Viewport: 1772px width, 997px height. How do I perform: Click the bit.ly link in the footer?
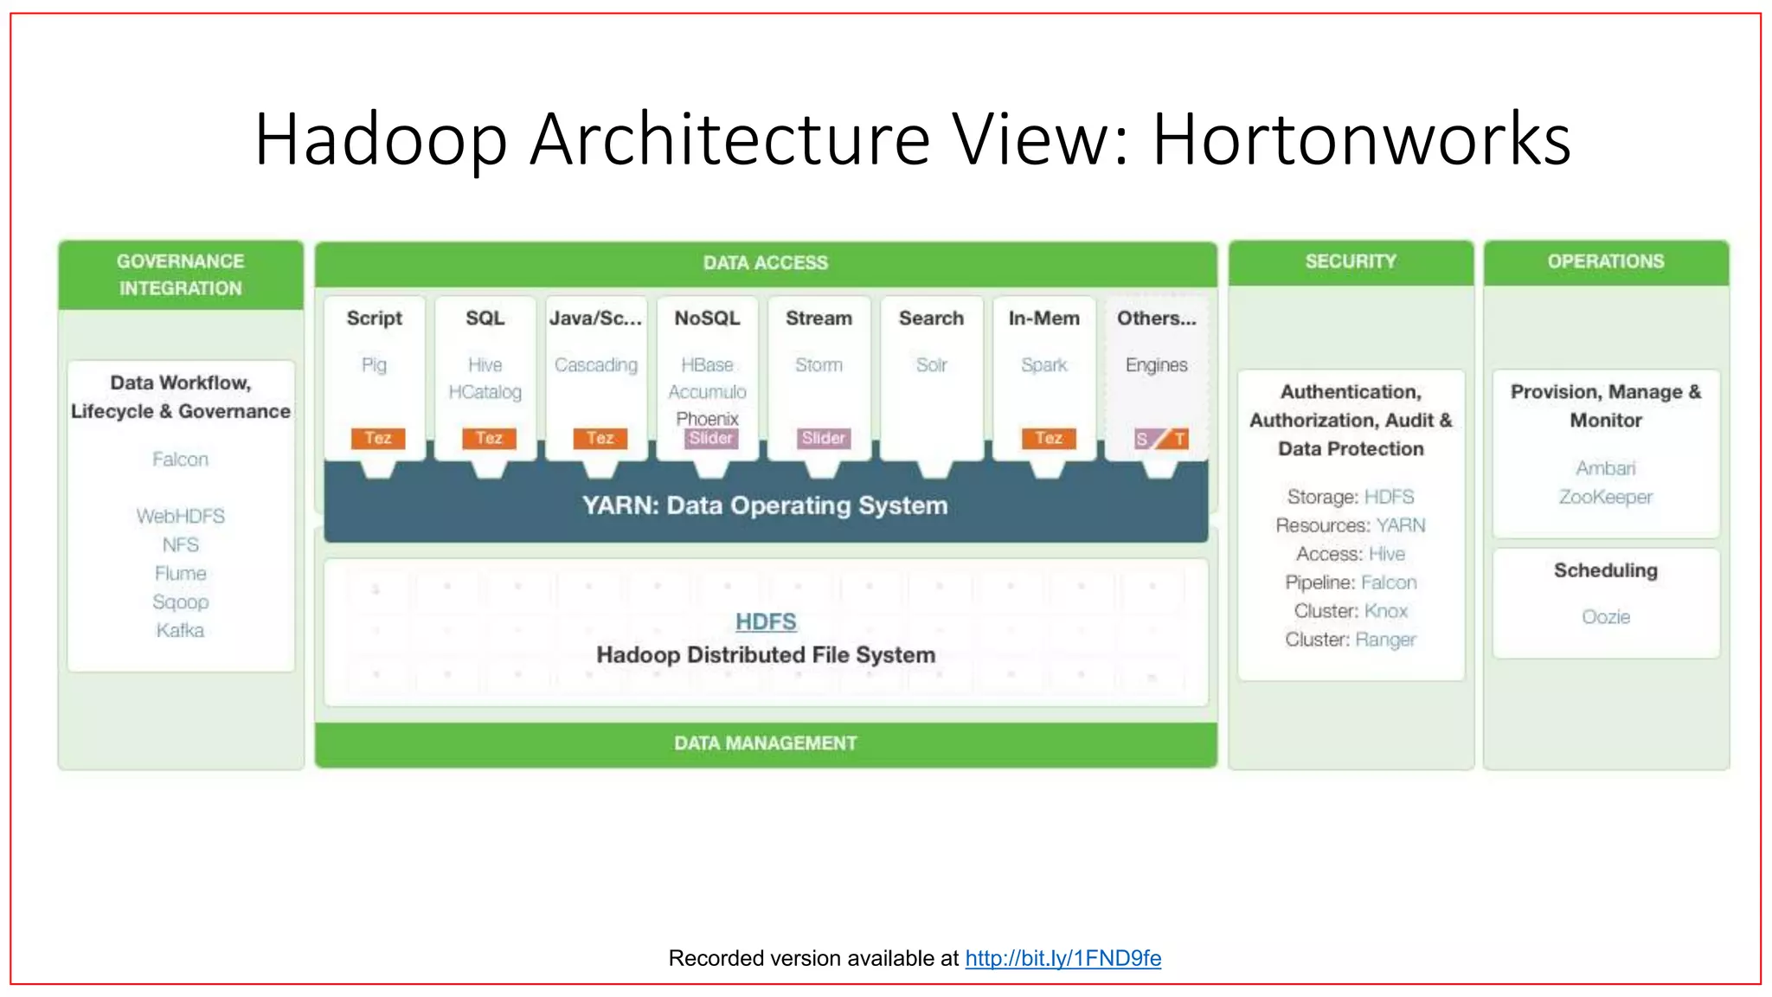coord(1063,958)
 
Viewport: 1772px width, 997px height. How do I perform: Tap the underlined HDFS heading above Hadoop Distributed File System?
coord(766,621)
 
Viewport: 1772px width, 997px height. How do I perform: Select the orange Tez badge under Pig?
coord(377,438)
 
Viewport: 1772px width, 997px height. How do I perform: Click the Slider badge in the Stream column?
coord(823,438)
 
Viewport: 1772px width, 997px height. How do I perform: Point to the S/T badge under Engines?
coord(1160,439)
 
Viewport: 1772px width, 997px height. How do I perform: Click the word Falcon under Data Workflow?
coord(180,459)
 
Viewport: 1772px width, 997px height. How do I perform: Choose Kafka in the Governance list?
coord(180,630)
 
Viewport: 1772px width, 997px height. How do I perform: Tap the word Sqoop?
coord(180,601)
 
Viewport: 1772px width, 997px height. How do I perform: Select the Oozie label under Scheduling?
coord(1606,617)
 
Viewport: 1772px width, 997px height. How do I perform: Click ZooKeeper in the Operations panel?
coord(1606,497)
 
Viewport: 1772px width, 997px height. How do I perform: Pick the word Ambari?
coord(1606,468)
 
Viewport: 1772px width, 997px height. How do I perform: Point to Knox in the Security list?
coord(1385,611)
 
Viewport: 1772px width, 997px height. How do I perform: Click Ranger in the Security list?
coord(1385,640)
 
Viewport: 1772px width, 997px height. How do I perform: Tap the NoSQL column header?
coord(707,318)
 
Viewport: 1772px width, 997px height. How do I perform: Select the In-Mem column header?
coord(1043,318)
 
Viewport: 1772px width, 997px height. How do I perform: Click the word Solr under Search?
coord(931,365)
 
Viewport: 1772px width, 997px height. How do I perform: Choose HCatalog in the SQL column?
coord(485,392)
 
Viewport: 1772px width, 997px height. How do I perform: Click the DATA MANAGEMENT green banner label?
coord(766,743)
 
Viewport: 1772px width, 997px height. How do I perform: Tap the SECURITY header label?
coord(1351,261)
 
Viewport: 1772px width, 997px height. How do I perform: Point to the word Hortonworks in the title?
coord(1361,139)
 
